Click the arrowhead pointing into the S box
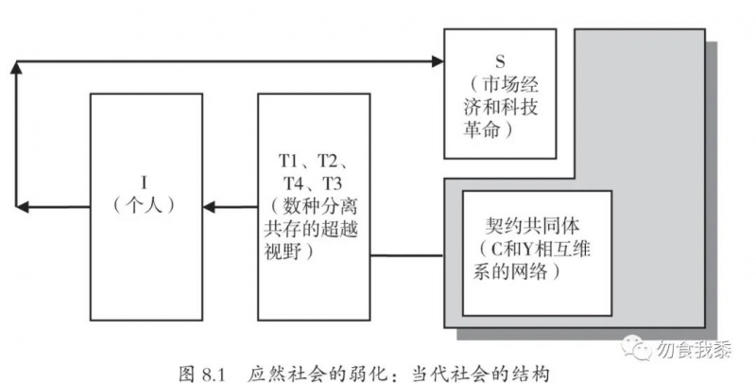tap(438, 63)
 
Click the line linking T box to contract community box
tap(406, 255)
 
